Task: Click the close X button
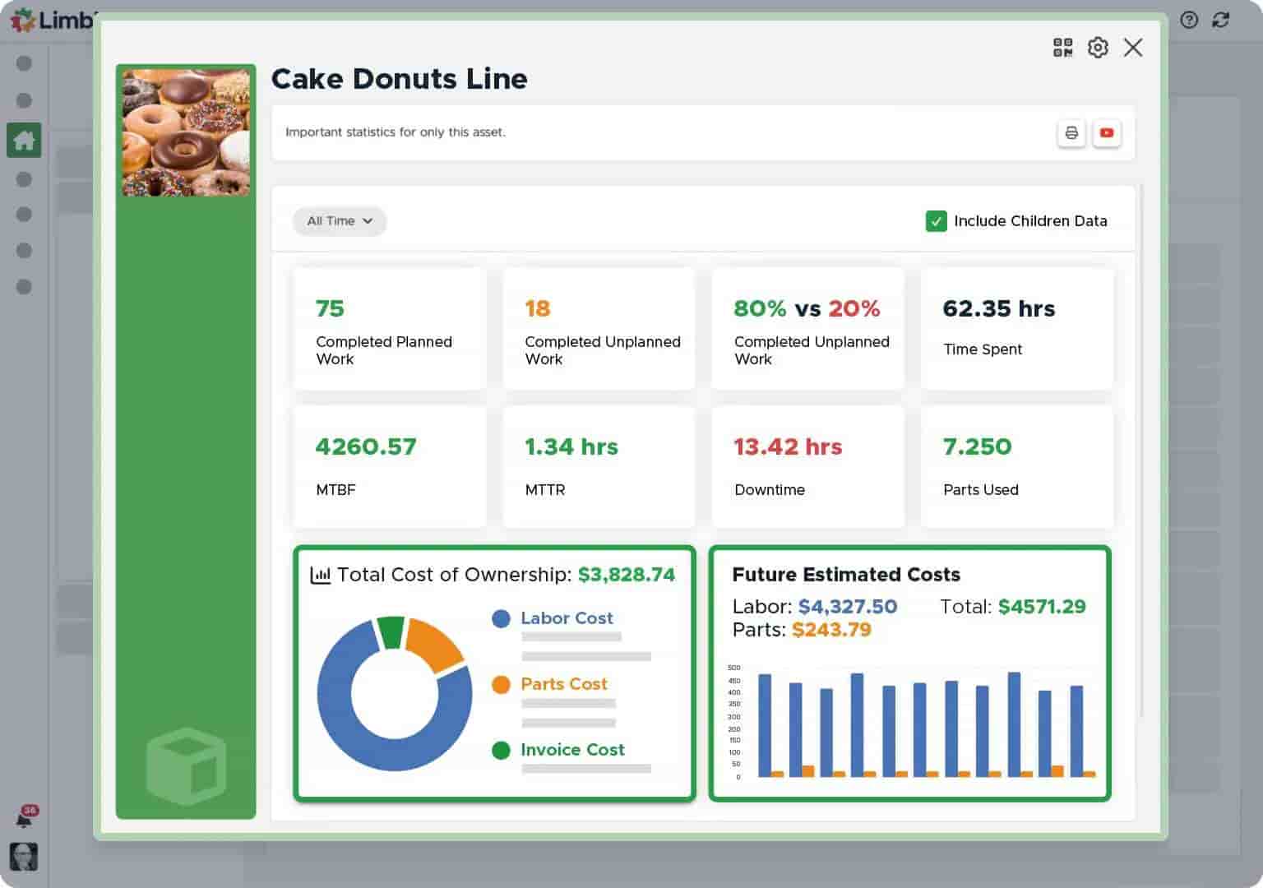tap(1132, 48)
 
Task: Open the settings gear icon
tap(1097, 48)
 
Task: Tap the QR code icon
tap(1062, 48)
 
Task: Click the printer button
tap(1071, 132)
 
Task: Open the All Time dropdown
tap(340, 221)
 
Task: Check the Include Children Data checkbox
tap(936, 221)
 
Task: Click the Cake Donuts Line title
tap(399, 79)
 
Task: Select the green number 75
tap(330, 308)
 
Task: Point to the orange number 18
tap(537, 308)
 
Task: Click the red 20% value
tap(854, 308)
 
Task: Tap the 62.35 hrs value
tap(998, 308)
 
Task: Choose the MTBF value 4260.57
tap(366, 446)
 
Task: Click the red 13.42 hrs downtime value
tap(788, 446)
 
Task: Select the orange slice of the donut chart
tap(433, 644)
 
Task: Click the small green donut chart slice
tap(391, 632)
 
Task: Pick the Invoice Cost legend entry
tap(571, 750)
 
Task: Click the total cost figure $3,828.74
tap(626, 575)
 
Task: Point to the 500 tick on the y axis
tap(734, 668)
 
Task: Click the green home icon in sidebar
tap(24, 141)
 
